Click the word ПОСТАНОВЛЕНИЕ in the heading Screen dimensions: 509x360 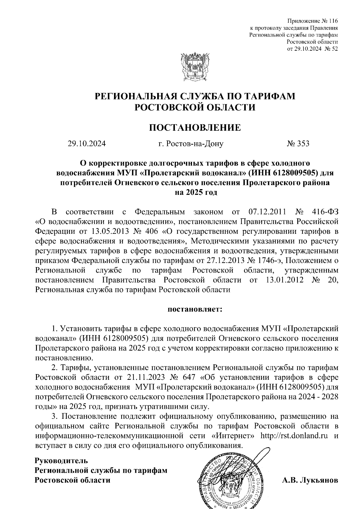tap(195, 128)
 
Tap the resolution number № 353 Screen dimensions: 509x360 tap(298, 144)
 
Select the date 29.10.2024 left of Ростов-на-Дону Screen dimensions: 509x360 tap(87, 144)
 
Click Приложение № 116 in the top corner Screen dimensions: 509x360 tap(313, 21)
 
